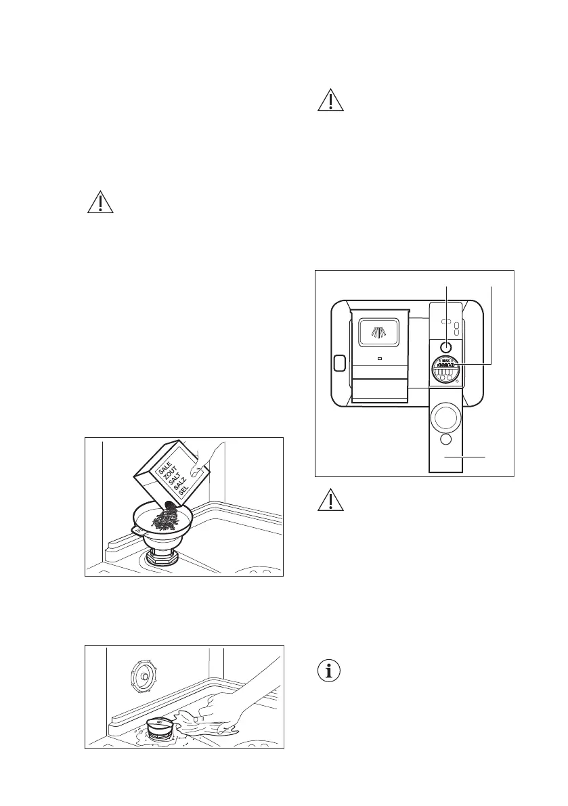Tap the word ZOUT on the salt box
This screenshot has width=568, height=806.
168,476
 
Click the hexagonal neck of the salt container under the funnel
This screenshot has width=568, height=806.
160,559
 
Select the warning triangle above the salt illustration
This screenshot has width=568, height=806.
100,202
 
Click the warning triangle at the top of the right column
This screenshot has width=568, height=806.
331,100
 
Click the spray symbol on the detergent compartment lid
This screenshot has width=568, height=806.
378,330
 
